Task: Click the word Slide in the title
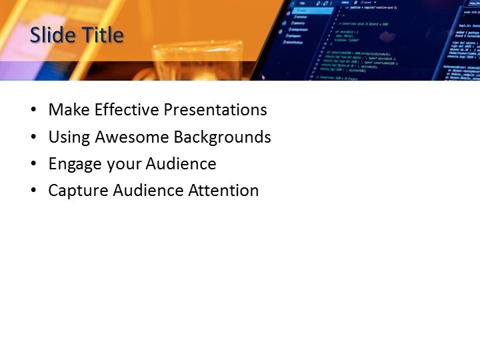(51, 35)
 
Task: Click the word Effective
(125, 110)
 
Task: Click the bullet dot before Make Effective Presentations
(34, 111)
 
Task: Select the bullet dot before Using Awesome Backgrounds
(34, 138)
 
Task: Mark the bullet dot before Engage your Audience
(34, 165)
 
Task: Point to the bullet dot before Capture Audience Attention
(34, 191)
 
